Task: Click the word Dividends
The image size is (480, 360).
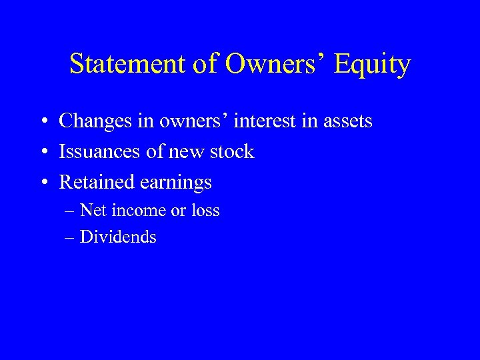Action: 118,236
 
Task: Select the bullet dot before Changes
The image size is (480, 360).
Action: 42,122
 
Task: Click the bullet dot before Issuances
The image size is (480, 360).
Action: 42,153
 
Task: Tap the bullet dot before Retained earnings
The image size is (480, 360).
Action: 42,183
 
